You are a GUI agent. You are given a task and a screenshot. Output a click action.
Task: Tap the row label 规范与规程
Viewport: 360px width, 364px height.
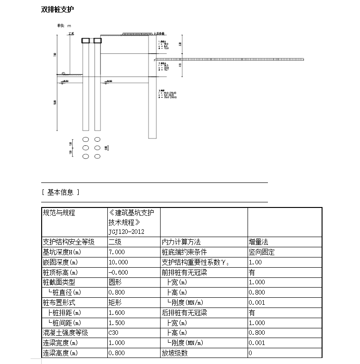point(59,213)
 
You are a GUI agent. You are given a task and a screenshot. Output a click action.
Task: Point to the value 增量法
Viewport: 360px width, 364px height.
point(258,242)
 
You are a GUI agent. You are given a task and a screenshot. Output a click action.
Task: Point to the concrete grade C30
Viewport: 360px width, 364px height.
point(113,333)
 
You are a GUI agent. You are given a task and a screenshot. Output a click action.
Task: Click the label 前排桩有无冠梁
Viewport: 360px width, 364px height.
point(184,272)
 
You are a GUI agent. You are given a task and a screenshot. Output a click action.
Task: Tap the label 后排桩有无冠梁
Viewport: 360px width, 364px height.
point(184,313)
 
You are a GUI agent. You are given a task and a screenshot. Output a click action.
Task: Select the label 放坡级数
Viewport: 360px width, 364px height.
point(174,353)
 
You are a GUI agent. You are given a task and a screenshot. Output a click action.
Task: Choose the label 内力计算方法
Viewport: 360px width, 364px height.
point(180,242)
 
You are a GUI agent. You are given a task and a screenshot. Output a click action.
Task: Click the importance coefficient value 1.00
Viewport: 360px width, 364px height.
point(255,262)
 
